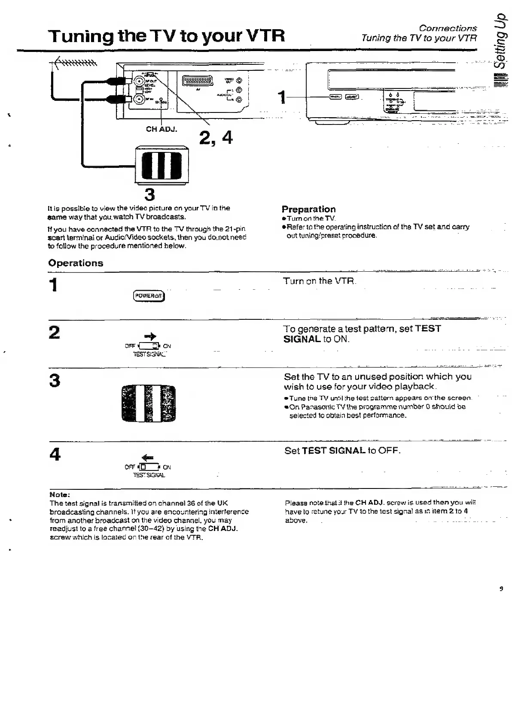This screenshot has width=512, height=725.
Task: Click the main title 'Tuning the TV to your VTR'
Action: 167,36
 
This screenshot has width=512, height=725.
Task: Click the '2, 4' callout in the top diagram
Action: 216,138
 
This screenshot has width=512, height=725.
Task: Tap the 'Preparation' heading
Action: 308,209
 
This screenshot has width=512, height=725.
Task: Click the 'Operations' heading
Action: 76,263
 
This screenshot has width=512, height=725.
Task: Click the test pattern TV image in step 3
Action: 149,403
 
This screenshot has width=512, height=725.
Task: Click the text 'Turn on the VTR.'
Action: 320,281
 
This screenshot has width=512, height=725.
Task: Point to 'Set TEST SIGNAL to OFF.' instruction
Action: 342,451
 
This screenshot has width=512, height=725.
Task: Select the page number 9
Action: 501,589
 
